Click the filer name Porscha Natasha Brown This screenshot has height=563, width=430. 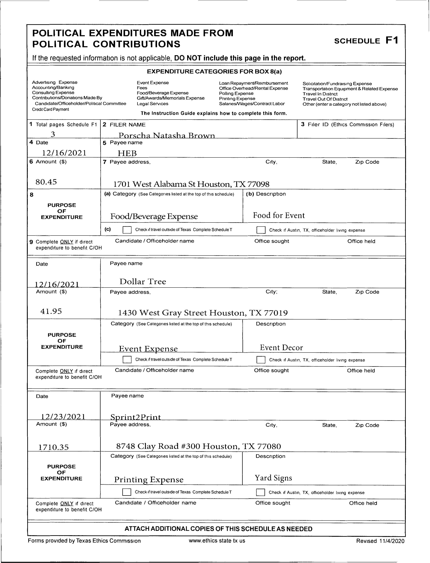tap(167, 135)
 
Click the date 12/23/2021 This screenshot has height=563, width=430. tap(63, 417)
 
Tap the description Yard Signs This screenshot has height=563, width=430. tap(273, 478)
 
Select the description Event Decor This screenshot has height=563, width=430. tap(281, 347)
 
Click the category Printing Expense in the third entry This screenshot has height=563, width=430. tap(149, 480)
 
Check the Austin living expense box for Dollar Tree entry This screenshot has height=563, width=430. tap(261, 360)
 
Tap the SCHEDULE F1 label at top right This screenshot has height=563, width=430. tap(366, 41)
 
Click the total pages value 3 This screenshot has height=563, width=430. tap(53, 134)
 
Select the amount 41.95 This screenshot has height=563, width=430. tap(51, 311)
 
